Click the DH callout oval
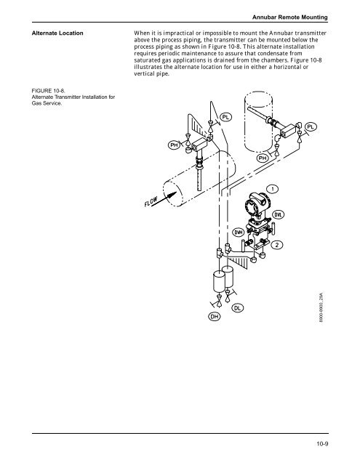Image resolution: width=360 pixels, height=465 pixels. pyautogui.click(x=215, y=317)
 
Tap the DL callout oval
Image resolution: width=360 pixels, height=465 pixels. pyautogui.click(x=237, y=308)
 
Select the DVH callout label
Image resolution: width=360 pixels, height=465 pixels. pyautogui.click(x=239, y=232)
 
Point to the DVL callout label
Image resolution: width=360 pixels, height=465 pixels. pyautogui.click(x=278, y=214)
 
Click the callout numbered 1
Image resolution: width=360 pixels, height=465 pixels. pyautogui.click(x=273, y=189)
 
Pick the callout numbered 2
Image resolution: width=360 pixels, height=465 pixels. pyautogui.click(x=276, y=245)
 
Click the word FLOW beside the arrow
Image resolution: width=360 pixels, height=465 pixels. pyautogui.click(x=151, y=202)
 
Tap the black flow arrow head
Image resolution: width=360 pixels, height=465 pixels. pyautogui.click(x=172, y=195)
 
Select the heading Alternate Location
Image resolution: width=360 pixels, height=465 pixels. pyautogui.click(x=57, y=33)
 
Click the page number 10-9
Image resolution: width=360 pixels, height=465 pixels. pyautogui.click(x=322, y=444)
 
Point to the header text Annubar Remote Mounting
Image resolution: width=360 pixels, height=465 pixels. pyautogui.click(x=290, y=17)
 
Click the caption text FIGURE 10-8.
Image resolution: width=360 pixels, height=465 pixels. pyautogui.click(x=49, y=91)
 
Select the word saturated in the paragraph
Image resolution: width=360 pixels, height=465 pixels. pyautogui.click(x=145, y=60)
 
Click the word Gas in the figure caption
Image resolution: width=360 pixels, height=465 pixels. pyautogui.click(x=36, y=103)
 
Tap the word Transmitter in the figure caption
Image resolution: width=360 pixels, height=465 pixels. pyautogui.click(x=65, y=97)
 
